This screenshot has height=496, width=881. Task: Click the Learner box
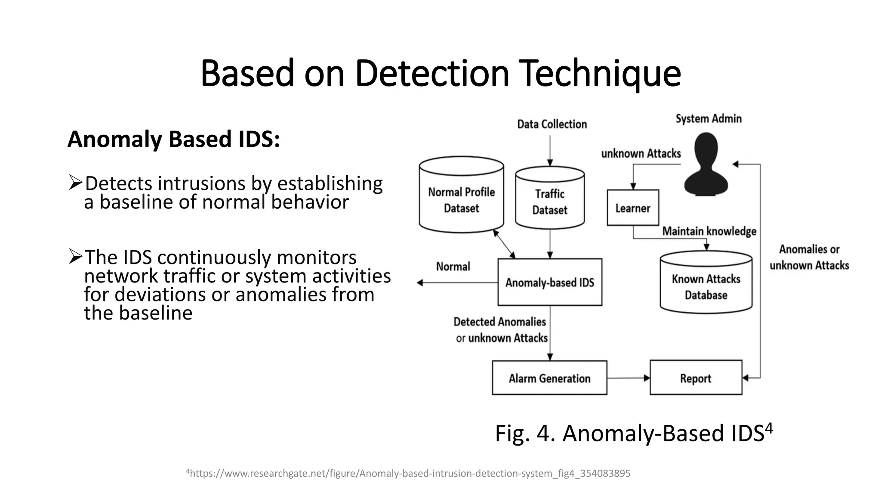pyautogui.click(x=632, y=208)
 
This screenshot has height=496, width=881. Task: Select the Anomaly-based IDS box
pyautogui.click(x=549, y=282)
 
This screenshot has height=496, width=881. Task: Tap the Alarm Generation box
pyautogui.click(x=549, y=378)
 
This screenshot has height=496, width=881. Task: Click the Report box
pyautogui.click(x=696, y=378)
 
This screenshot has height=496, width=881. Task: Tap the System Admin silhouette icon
pyautogui.click(x=706, y=166)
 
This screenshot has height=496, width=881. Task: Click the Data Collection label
pyautogui.click(x=552, y=124)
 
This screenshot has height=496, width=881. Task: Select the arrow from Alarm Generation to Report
pyautogui.click(x=628, y=378)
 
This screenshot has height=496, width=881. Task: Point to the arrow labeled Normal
pyautogui.click(x=456, y=282)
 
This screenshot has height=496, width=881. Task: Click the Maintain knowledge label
pyautogui.click(x=709, y=231)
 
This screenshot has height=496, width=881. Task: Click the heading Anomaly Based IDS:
pyautogui.click(x=173, y=139)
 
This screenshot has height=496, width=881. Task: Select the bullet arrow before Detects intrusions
pyautogui.click(x=75, y=183)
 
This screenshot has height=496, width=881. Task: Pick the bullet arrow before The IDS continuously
pyautogui.click(x=75, y=257)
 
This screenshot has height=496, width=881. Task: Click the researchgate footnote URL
pyautogui.click(x=408, y=474)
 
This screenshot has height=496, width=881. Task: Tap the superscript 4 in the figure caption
pyautogui.click(x=769, y=428)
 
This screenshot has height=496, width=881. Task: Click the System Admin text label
pyautogui.click(x=708, y=119)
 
